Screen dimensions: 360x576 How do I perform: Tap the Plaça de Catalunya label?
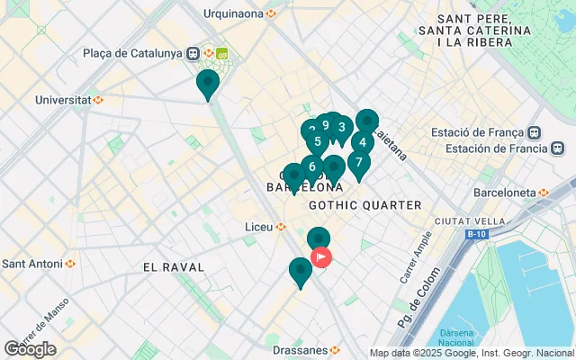[132, 52]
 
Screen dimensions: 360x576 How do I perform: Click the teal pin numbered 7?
[358, 163]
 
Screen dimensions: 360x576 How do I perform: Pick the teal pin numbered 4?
[362, 142]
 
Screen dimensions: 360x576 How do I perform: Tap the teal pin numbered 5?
[317, 141]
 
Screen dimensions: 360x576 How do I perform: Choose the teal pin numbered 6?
[311, 166]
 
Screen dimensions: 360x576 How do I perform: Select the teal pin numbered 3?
[341, 128]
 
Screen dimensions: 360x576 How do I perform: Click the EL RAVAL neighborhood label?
[174, 267]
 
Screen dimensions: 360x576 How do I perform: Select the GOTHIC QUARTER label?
[364, 205]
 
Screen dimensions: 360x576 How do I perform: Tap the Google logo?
[30, 349]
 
